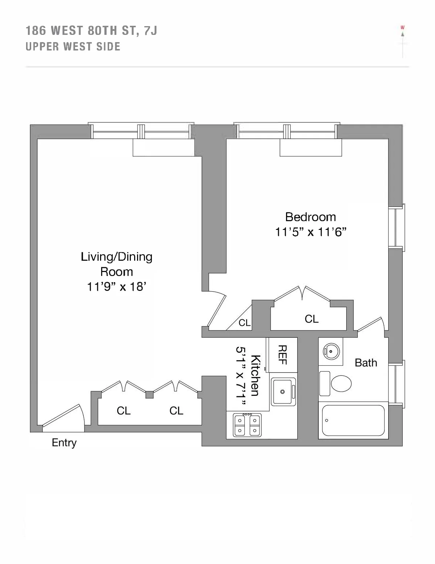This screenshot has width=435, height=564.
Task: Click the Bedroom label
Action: (310, 217)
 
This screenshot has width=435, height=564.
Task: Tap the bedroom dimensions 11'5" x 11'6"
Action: (311, 232)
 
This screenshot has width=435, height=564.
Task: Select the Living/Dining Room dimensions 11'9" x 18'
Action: (116, 287)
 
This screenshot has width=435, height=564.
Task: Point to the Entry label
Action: (64, 443)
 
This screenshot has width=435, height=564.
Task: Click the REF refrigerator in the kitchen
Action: (282, 355)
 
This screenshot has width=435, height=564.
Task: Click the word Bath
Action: (366, 362)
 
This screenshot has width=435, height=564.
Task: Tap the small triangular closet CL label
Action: (244, 322)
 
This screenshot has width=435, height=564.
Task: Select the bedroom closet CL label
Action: (311, 319)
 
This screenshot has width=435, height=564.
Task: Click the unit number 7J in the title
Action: (150, 31)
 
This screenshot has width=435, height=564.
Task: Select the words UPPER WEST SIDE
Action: (73, 47)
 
